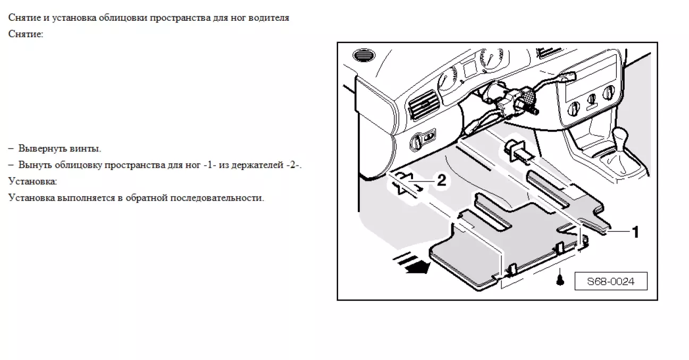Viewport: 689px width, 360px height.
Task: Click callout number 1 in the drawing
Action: point(635,232)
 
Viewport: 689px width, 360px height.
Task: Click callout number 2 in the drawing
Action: point(441,180)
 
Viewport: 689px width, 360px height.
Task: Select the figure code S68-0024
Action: point(611,281)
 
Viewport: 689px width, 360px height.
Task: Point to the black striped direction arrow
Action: point(412,263)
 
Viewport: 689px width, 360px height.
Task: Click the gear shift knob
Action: point(620,136)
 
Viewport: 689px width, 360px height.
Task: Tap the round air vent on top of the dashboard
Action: point(364,56)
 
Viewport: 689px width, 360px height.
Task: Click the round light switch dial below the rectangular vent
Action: point(417,142)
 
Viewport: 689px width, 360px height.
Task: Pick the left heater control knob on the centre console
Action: point(574,109)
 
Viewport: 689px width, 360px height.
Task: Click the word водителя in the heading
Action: point(268,18)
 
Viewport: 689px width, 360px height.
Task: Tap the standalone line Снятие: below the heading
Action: point(26,34)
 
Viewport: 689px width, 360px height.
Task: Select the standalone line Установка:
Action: point(32,181)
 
